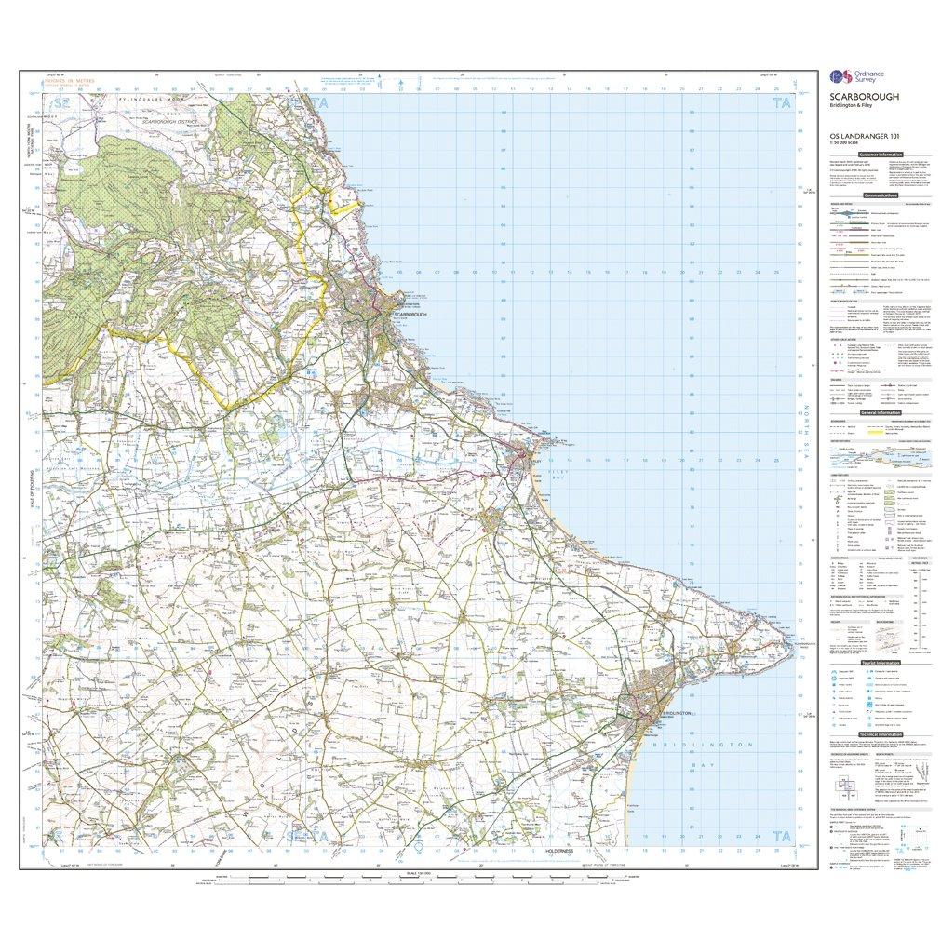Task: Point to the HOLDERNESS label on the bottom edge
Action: click(562, 852)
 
